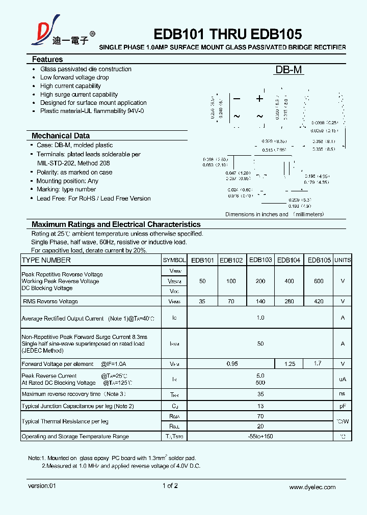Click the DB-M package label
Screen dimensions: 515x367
[x=289, y=70]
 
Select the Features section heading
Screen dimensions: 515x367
[x=47, y=60]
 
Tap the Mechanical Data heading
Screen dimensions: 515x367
[x=61, y=136]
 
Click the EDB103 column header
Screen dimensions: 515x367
[x=260, y=260]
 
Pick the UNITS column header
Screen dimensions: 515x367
[x=343, y=260]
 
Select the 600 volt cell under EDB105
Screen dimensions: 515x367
[x=319, y=281]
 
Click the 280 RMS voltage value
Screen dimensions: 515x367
[x=289, y=301]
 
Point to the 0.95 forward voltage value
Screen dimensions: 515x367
[x=231, y=364]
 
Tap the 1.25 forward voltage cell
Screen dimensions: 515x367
[x=289, y=364]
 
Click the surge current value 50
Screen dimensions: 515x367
[x=260, y=344]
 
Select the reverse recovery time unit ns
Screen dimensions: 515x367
[x=342, y=394]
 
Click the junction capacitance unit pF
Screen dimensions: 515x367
[x=342, y=406]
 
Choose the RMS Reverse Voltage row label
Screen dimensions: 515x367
[x=50, y=301]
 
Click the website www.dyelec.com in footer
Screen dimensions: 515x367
[x=312, y=487]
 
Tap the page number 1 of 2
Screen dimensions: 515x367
[x=170, y=486]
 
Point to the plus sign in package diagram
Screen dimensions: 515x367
[x=259, y=99]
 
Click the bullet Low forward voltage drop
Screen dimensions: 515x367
[x=74, y=77]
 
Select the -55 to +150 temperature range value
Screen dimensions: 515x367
[x=260, y=436]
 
